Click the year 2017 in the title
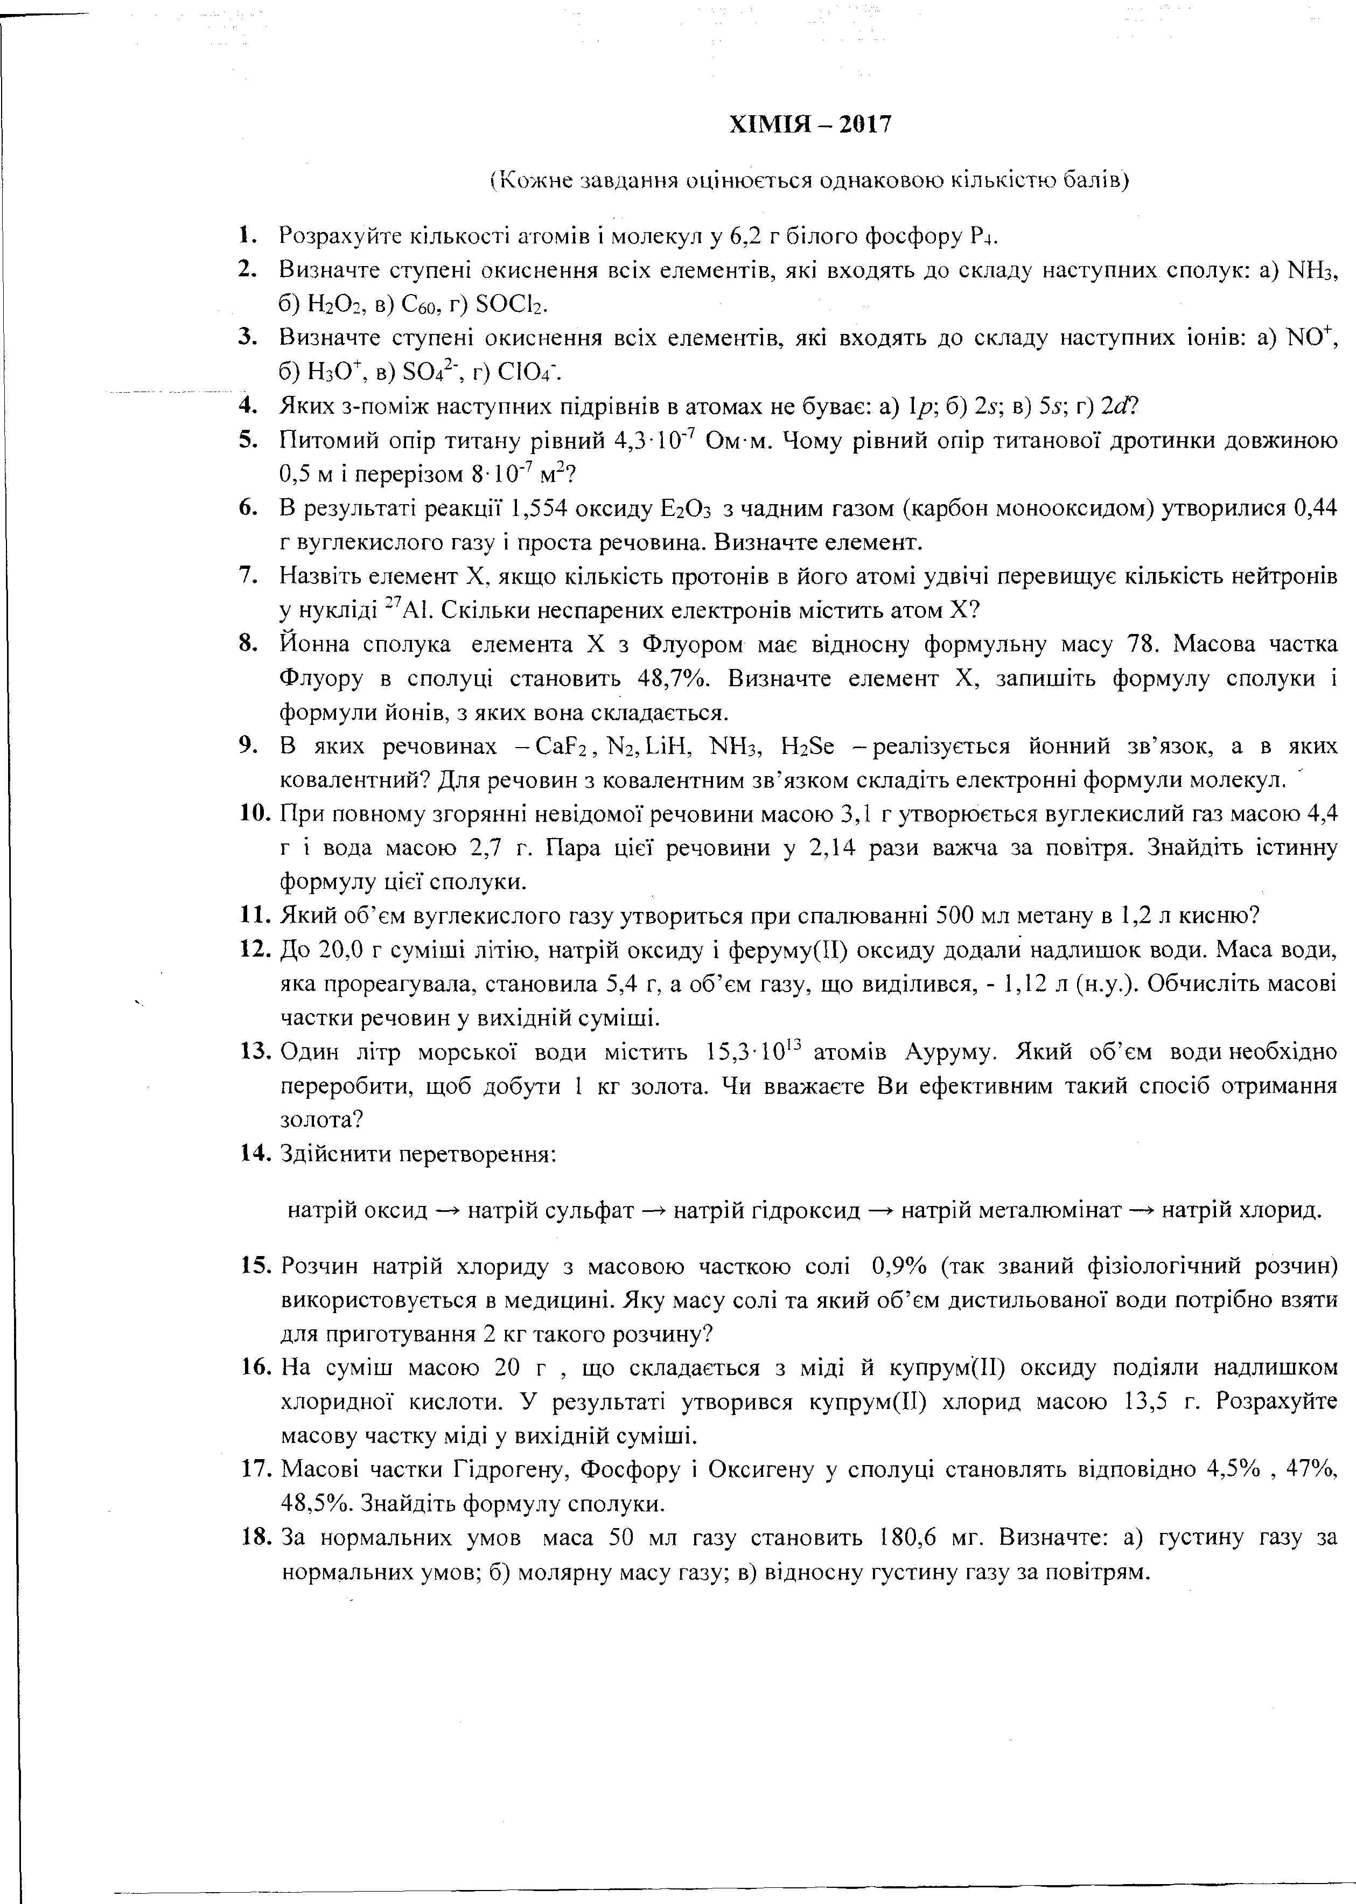(865, 124)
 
